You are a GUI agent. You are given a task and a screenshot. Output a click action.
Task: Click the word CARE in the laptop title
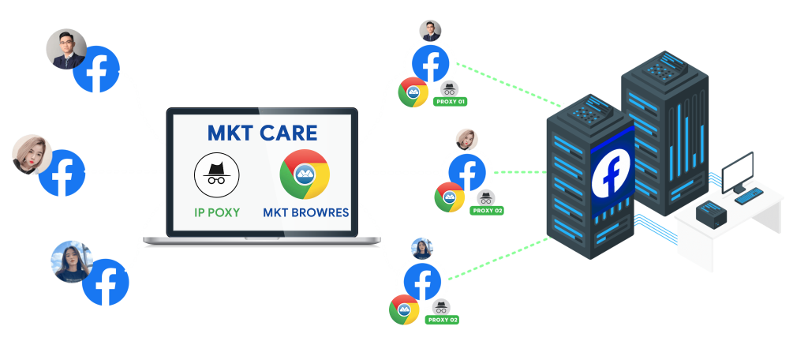click(x=289, y=132)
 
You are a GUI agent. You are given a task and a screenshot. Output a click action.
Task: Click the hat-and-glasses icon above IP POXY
click(x=216, y=174)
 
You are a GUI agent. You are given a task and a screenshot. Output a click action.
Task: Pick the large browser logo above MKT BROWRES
click(x=305, y=174)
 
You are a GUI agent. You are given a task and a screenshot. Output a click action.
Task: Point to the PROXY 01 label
click(x=451, y=102)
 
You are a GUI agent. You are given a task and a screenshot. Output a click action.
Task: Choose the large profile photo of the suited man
click(x=65, y=50)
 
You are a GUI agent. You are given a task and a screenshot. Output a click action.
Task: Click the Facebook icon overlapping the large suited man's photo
click(x=96, y=69)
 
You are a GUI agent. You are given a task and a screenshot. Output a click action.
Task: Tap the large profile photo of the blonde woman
click(x=32, y=155)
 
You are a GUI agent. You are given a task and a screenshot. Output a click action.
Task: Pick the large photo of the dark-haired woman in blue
click(x=72, y=261)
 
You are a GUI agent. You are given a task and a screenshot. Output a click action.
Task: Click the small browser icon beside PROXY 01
click(x=413, y=92)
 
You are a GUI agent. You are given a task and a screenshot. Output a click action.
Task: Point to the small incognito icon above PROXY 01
click(x=449, y=88)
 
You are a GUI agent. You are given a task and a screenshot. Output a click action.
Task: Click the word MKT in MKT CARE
click(x=230, y=132)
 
